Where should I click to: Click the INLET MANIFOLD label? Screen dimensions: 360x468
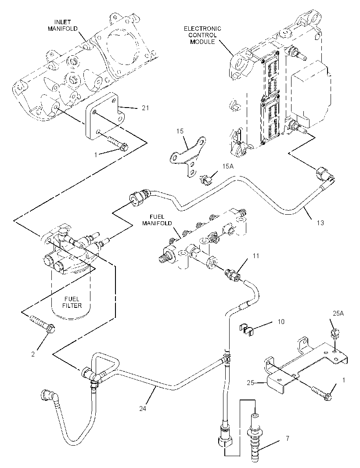(x=63, y=25)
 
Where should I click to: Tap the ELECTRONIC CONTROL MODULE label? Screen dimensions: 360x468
(x=202, y=35)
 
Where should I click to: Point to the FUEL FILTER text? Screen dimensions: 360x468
(x=72, y=302)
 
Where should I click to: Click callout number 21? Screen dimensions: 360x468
(x=145, y=108)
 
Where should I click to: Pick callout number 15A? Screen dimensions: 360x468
(x=227, y=166)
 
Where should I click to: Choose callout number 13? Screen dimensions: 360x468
(x=320, y=223)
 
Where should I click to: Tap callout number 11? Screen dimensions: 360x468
(x=256, y=256)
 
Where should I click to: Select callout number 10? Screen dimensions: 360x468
(x=281, y=321)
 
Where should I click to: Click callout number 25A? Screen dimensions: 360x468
(x=338, y=313)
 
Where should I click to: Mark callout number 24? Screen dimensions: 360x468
(x=143, y=408)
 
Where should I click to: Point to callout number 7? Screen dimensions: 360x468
(x=288, y=439)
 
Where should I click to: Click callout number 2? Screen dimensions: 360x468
(x=33, y=354)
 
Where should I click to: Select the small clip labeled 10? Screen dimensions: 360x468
(x=247, y=328)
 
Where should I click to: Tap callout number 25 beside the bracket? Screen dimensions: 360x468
(x=250, y=382)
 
